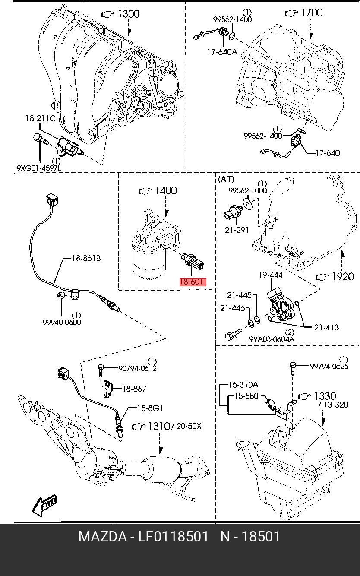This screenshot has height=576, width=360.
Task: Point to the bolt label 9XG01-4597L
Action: click(39, 168)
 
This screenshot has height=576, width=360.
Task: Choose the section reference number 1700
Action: click(311, 13)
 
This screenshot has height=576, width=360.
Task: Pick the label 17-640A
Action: click(221, 52)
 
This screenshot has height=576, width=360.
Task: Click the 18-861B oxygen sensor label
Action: click(85, 259)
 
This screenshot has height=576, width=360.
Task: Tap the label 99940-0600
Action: click(62, 322)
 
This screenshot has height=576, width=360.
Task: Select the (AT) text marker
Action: click(226, 179)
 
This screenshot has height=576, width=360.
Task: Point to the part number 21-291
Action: click(237, 230)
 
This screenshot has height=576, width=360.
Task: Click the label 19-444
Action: click(270, 275)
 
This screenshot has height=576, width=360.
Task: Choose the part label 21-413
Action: click(326, 327)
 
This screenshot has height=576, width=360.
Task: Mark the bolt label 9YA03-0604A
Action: click(272, 339)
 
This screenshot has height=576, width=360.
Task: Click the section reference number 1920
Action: click(342, 276)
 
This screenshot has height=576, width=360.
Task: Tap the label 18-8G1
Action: click(150, 408)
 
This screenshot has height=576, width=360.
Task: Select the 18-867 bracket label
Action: click(134, 389)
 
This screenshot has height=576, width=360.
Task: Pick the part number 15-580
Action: click(246, 395)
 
